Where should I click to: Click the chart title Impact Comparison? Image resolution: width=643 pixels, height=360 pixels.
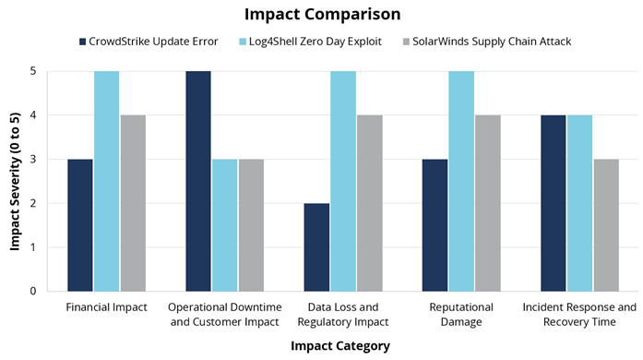[321, 15]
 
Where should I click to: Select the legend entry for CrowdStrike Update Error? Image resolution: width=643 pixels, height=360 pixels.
[152, 42]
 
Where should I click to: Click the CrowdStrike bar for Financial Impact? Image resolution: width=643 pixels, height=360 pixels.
[80, 225]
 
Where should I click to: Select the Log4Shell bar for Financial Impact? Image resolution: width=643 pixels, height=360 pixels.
[107, 181]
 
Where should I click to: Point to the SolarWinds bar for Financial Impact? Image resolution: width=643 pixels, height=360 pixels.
[133, 203]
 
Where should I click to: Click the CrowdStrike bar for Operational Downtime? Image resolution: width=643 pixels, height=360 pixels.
[198, 181]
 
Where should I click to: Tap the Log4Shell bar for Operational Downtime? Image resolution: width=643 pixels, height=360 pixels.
[225, 225]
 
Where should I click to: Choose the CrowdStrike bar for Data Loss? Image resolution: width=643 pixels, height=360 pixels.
[316, 247]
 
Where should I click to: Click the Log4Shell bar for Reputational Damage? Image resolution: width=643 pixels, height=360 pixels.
[461, 181]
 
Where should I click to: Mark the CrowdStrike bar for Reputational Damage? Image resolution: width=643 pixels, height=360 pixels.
[435, 225]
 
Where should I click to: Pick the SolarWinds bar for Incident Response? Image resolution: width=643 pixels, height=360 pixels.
[606, 225]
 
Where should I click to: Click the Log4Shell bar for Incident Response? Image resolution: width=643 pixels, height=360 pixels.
[579, 203]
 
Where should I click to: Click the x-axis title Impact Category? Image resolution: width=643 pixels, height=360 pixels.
[339, 346]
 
